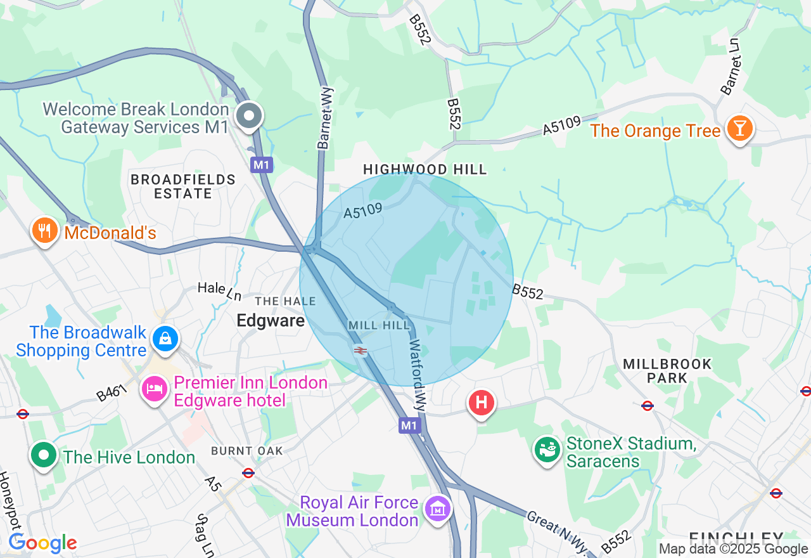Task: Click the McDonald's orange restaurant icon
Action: click(x=44, y=231)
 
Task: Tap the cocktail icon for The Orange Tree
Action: click(x=739, y=129)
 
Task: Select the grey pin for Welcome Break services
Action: click(x=250, y=117)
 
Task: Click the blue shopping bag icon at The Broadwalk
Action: click(x=165, y=339)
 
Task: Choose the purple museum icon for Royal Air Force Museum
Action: click(x=438, y=509)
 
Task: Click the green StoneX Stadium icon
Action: click(x=546, y=450)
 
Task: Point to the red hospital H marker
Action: click(x=481, y=403)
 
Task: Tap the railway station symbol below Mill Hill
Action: click(x=361, y=351)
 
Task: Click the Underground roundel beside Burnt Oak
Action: click(x=248, y=473)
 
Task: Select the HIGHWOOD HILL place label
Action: click(x=425, y=169)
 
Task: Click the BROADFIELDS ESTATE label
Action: click(x=182, y=186)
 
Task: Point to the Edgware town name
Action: click(x=271, y=321)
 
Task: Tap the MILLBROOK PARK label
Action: click(x=667, y=371)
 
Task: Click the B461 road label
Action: click(x=113, y=393)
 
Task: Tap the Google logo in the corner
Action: click(x=42, y=543)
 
